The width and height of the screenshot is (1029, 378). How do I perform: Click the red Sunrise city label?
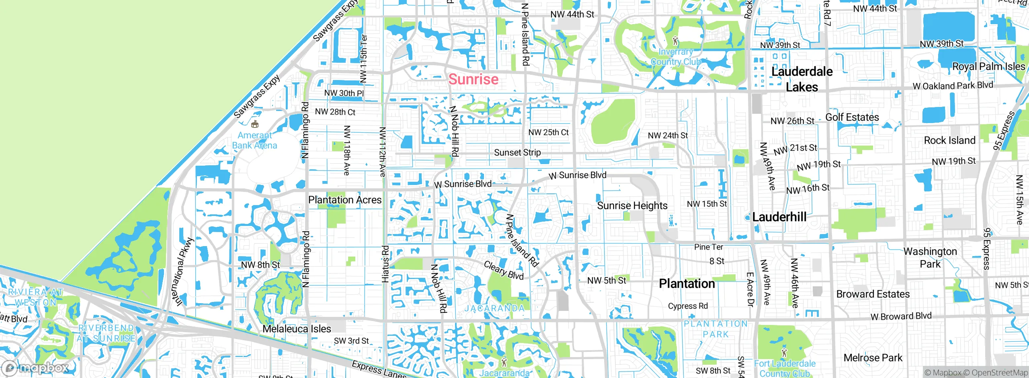473,79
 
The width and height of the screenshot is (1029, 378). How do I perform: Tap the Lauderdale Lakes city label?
801,79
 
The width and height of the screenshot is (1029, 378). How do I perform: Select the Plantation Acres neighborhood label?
344,200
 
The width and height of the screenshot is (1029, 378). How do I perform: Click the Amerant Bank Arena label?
254,140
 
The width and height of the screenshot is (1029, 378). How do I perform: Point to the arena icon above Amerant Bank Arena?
254,124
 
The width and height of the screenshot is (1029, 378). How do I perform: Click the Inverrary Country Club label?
676,57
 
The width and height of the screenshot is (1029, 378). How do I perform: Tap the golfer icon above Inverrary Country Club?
675,41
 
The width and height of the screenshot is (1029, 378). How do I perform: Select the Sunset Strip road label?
517,152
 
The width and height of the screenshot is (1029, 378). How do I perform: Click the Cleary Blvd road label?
504,270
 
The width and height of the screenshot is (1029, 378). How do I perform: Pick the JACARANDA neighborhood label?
494,308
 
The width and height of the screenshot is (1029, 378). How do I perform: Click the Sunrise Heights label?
632,205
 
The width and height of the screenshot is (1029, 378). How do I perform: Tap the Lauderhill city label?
779,217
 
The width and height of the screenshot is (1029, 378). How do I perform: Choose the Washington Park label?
930,257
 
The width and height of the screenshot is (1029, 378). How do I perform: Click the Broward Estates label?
873,294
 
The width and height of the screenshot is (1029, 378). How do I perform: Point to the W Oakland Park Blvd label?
953,86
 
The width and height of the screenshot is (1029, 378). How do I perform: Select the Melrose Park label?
873,357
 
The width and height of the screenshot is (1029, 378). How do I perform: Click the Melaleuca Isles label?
297,329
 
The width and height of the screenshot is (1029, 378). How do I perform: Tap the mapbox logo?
35,368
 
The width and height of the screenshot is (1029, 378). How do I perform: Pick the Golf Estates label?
852,117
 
